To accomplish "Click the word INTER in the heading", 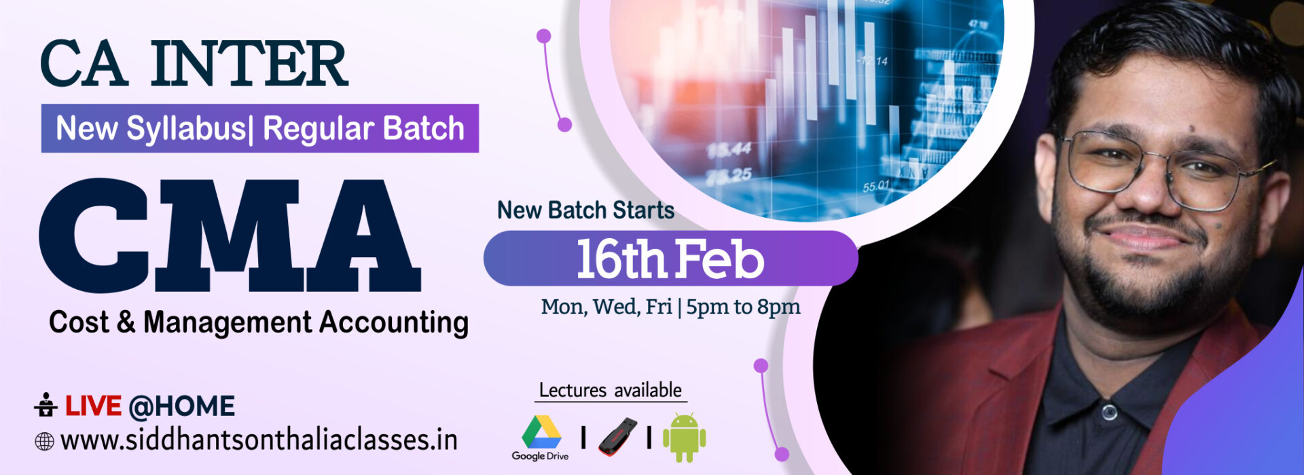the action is pos(250,64).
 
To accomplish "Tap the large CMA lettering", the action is pos(230,235).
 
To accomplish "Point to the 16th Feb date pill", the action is pos(670,259).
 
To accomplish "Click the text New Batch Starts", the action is pos(585,210).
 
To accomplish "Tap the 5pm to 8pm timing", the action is pos(743,307).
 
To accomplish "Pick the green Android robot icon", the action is pos(684,438).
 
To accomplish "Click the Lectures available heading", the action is pos(610,390).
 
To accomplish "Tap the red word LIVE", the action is pos(93,406).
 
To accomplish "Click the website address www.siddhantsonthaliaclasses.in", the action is pos(259,440).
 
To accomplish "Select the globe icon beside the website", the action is pos(44,442).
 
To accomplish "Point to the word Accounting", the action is pos(394,323).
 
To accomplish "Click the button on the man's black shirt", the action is pos(1109,412).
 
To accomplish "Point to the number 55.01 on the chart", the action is pos(876,186).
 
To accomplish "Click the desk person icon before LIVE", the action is pos(46,404).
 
